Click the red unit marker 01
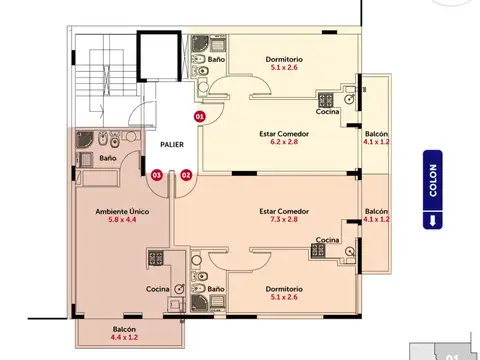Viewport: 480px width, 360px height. [199, 117]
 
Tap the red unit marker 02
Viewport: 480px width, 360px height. [186, 175]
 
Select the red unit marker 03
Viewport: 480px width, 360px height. [155, 175]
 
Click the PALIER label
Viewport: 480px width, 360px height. [171, 144]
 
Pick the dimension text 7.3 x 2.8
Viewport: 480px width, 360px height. [283, 221]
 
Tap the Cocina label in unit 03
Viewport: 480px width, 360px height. [157, 288]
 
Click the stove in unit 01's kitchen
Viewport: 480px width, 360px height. [326, 99]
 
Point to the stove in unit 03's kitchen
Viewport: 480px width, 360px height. [157, 260]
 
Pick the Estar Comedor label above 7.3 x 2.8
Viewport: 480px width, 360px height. [283, 211]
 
